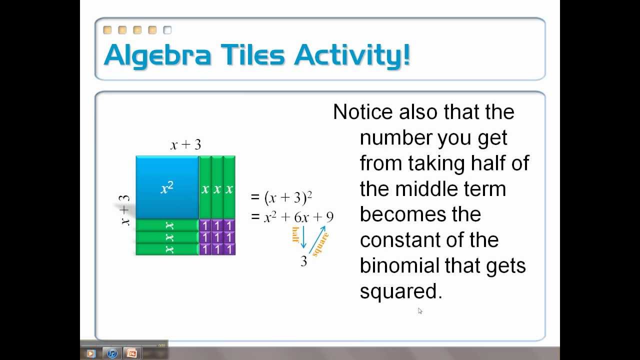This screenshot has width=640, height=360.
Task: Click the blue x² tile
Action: [167, 187]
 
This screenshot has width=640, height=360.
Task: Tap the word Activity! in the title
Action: [352, 54]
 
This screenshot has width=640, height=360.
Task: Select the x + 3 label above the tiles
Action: [185, 145]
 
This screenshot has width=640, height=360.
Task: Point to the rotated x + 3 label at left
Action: [124, 210]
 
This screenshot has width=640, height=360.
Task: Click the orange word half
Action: [295, 234]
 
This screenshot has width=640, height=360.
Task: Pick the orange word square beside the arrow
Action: [320, 244]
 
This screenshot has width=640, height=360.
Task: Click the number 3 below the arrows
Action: [303, 261]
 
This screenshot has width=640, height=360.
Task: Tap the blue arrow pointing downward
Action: [303, 237]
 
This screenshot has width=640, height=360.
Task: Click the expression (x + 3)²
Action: [288, 198]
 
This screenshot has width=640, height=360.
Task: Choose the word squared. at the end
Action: [401, 291]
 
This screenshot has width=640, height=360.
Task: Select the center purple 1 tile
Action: [217, 237]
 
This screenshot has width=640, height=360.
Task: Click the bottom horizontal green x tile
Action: [167, 249]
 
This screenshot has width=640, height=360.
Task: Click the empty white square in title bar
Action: [167, 30]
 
